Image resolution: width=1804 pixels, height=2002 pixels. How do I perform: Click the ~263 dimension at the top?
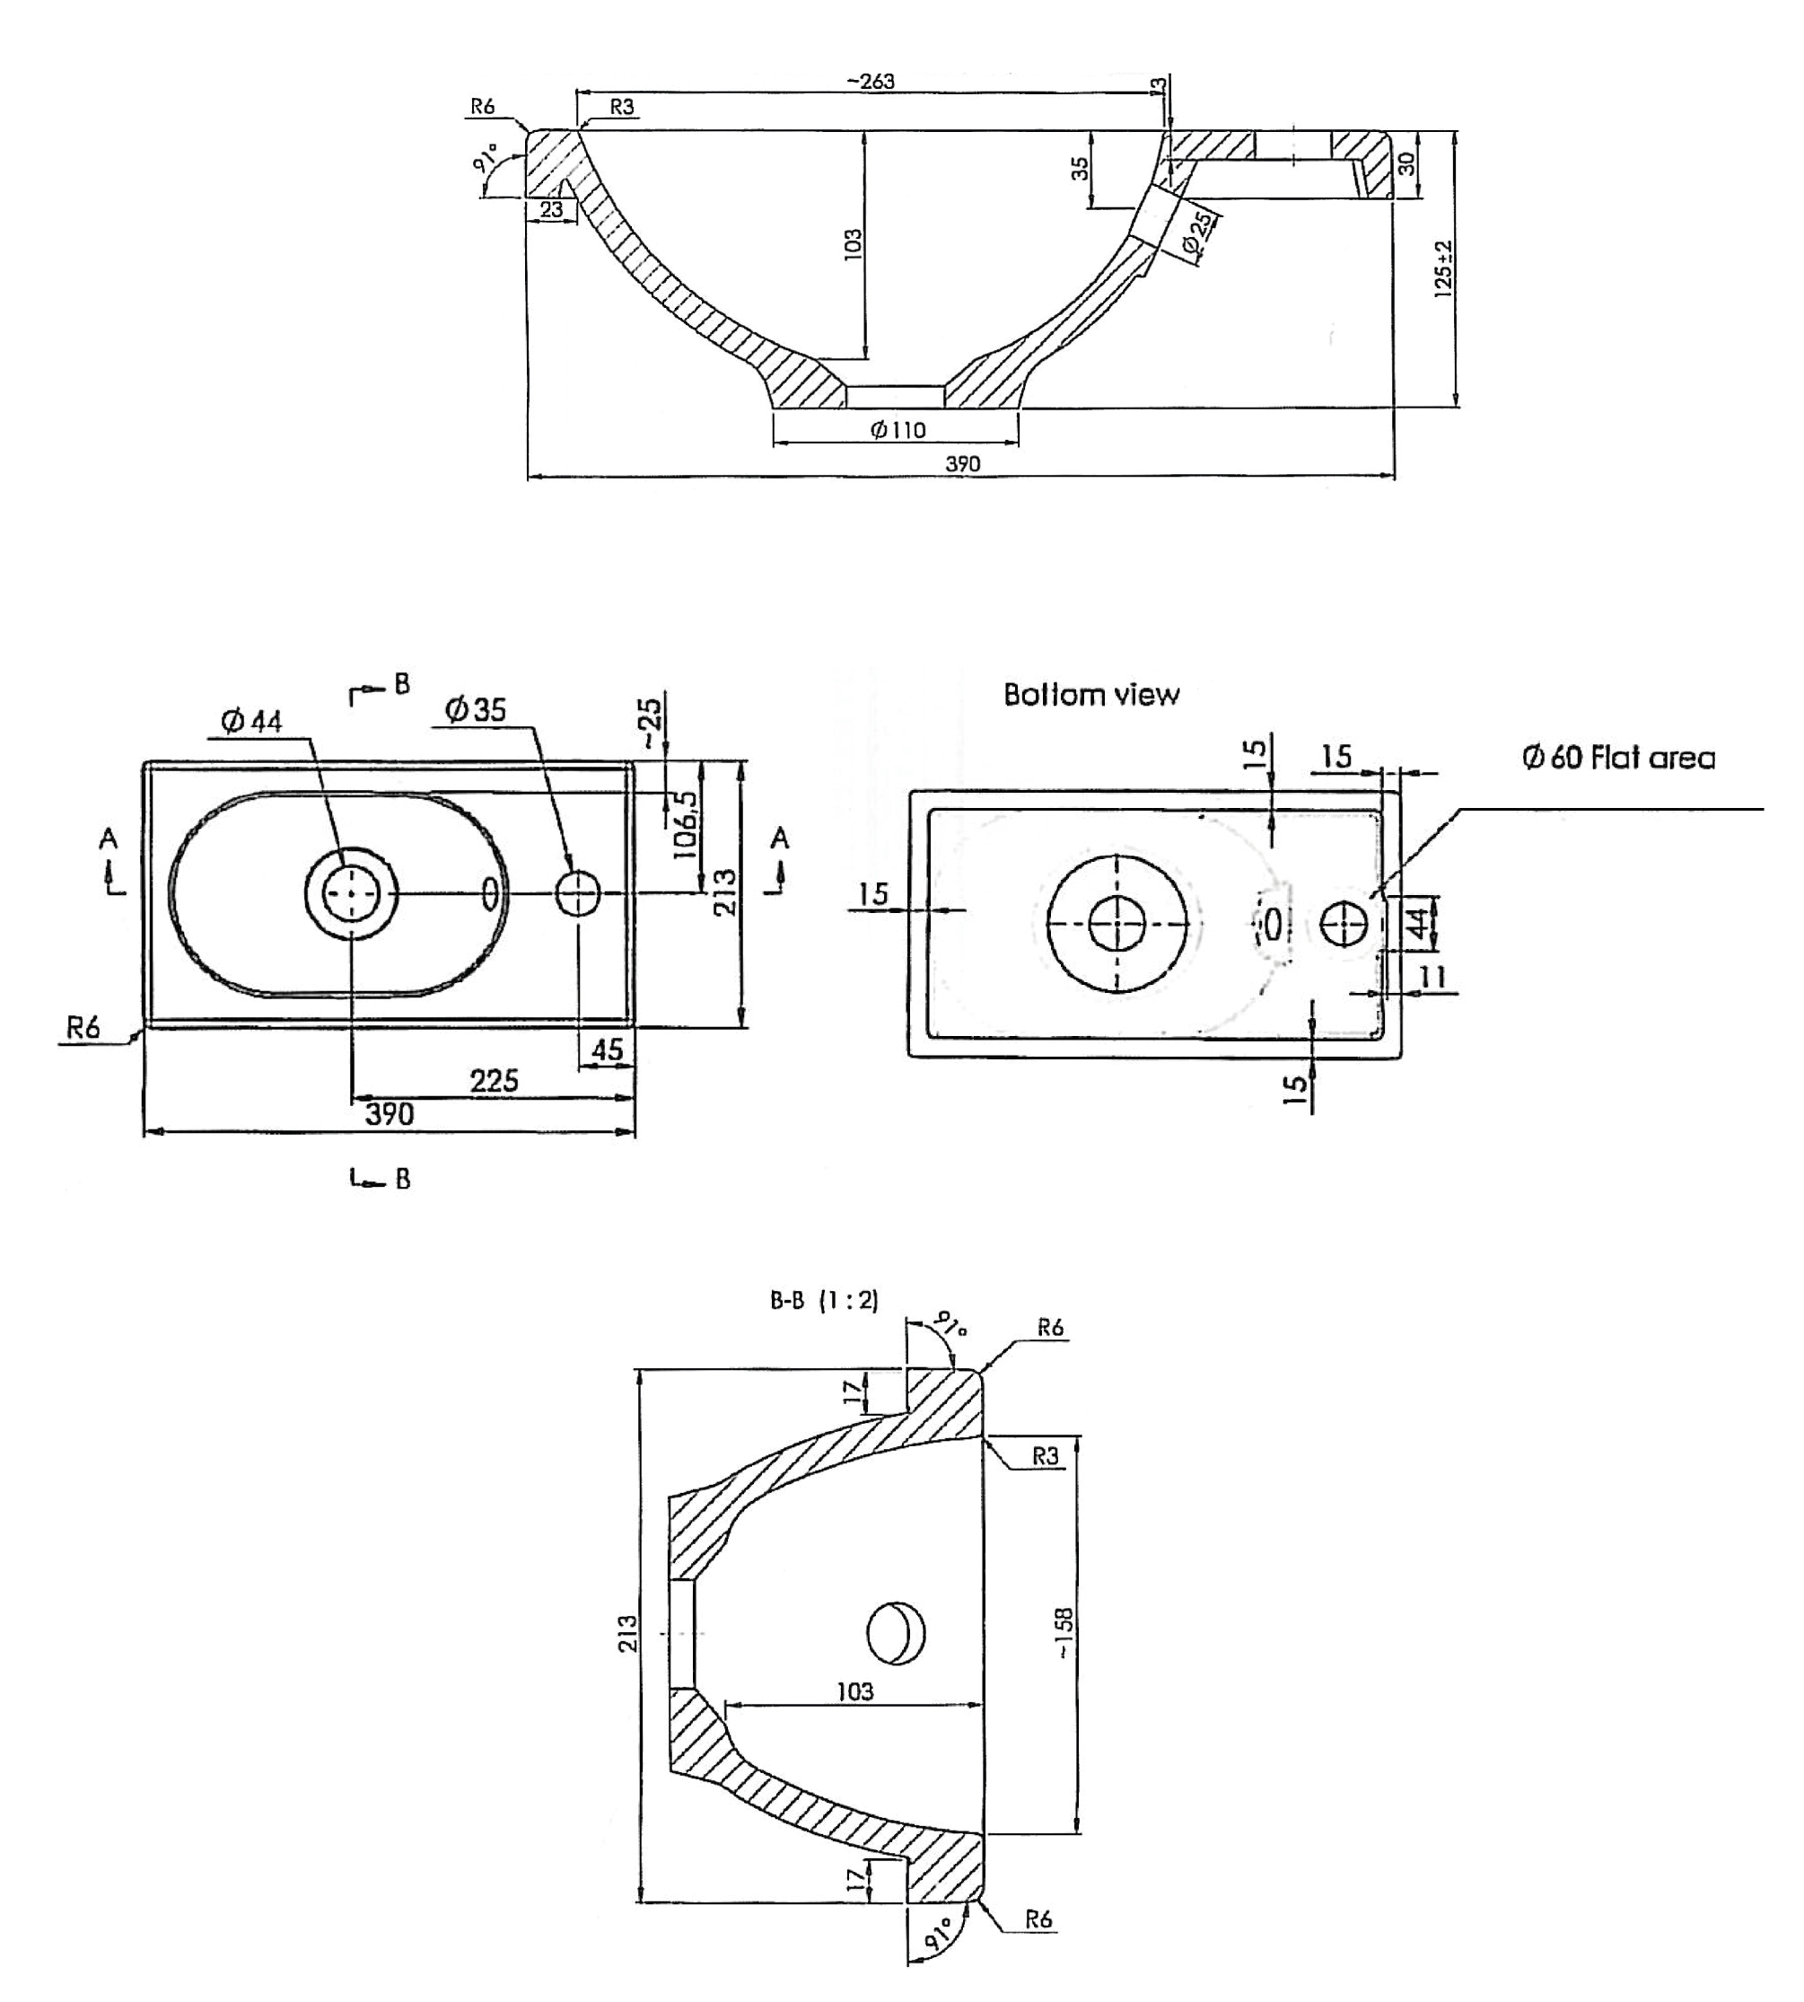pos(871,82)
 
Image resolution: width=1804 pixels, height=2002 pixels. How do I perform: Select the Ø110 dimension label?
pos(898,429)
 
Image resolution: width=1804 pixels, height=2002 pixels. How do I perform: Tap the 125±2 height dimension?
pos(1443,268)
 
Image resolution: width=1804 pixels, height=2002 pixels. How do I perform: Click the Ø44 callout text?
pos(252,721)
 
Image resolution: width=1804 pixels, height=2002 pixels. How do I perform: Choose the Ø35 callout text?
pos(476,709)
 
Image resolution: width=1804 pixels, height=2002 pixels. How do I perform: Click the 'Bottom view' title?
pos(1091,694)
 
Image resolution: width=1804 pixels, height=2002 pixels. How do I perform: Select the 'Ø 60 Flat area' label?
pos(1618,758)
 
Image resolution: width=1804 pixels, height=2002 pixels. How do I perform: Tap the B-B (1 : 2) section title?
pos(824,1300)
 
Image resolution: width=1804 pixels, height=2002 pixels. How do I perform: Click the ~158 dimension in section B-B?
pos(1064,1633)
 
